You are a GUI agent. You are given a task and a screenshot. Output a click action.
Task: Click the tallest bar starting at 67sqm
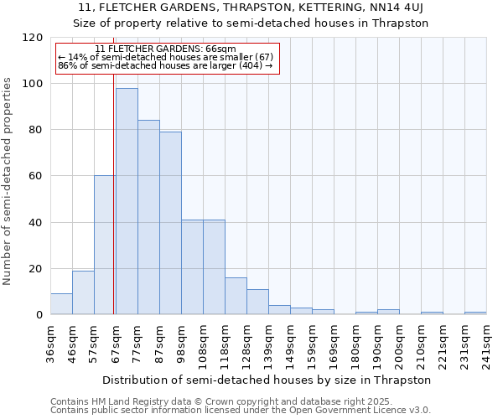pyautogui.click(x=127, y=201)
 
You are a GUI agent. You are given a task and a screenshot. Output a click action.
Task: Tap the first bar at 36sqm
pyautogui.click(x=61, y=304)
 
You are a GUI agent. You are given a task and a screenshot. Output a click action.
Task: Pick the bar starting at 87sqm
pyautogui.click(x=170, y=223)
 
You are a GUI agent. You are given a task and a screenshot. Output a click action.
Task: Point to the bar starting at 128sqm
pyautogui.click(x=257, y=302)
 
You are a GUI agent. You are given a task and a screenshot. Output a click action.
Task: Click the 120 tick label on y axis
pyautogui.click(x=32, y=38)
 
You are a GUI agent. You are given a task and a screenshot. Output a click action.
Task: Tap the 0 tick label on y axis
pyautogui.click(x=39, y=315)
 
